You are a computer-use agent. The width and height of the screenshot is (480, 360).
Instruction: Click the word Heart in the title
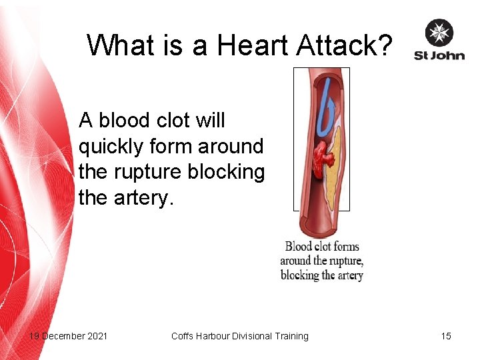246,45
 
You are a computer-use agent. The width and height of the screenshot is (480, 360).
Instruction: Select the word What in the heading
121,45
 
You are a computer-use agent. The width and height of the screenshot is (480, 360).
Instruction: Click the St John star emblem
439,33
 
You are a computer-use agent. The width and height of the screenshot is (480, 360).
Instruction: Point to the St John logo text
439,55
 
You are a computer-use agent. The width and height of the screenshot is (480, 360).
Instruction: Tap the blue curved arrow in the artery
326,107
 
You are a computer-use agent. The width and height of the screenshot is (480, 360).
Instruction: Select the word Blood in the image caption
299,247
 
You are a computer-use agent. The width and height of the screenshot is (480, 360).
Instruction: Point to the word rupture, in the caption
342,261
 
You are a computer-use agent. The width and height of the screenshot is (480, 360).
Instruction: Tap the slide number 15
446,336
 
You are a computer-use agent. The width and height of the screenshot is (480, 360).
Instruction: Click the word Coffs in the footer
182,336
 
